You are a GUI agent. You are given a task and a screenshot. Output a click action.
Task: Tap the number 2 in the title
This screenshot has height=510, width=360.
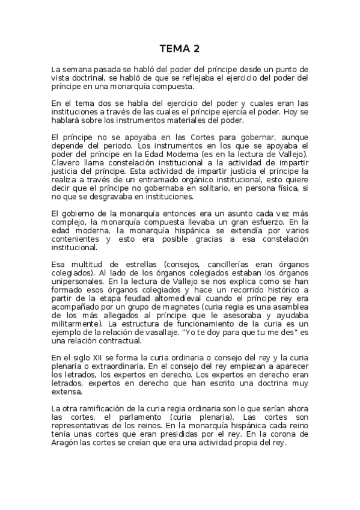point(197,48)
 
